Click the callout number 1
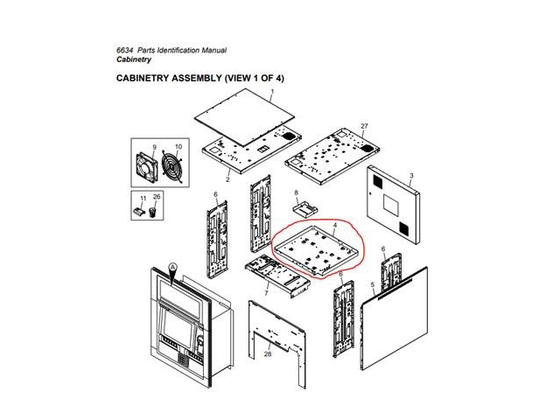[x=272, y=91]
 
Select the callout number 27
[x=364, y=126]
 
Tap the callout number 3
[x=411, y=176]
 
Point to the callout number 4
[x=334, y=226]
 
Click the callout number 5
[x=373, y=284]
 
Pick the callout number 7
[x=266, y=293]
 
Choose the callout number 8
[x=296, y=192]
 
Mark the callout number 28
[x=268, y=353]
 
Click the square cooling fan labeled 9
[x=147, y=167]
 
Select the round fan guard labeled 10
[x=171, y=165]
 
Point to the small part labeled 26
[x=153, y=212]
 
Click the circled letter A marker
[x=172, y=267]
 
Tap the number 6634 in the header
[x=124, y=51]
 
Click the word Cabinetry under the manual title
[x=134, y=59]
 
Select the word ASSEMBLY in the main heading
[x=196, y=78]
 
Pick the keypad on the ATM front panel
[x=183, y=360]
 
